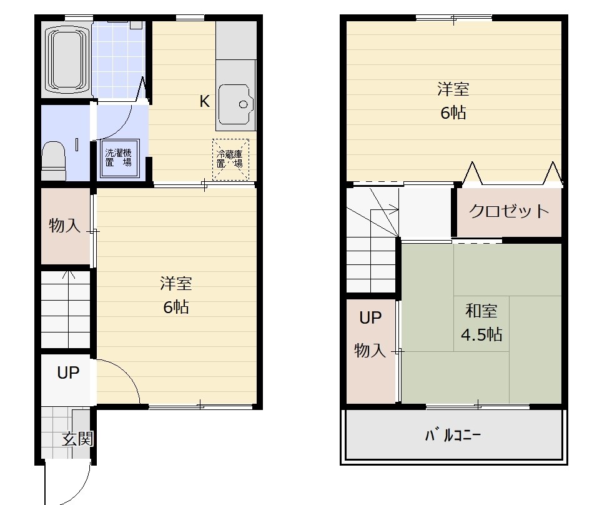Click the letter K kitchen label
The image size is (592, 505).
[x=205, y=101]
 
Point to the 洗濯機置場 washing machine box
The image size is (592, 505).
[x=119, y=158]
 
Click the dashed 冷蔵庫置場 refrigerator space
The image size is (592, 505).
[x=230, y=159]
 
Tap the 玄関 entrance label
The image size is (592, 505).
[x=77, y=439]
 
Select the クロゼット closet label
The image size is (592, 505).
[x=508, y=211]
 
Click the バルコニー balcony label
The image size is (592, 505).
[x=453, y=436]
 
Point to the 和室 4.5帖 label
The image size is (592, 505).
[x=481, y=322]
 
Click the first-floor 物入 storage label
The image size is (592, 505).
[x=64, y=226]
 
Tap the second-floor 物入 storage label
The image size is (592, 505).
[x=370, y=351]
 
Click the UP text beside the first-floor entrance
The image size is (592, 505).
[x=68, y=372]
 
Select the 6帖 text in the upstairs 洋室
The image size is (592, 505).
[x=453, y=112]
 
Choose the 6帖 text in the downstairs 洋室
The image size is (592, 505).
[x=176, y=307]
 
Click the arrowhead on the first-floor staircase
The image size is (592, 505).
[x=68, y=274]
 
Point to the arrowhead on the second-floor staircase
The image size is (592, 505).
[x=396, y=209]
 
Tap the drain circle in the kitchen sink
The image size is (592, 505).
[x=244, y=105]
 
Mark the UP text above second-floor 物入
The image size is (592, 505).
[x=370, y=318]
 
